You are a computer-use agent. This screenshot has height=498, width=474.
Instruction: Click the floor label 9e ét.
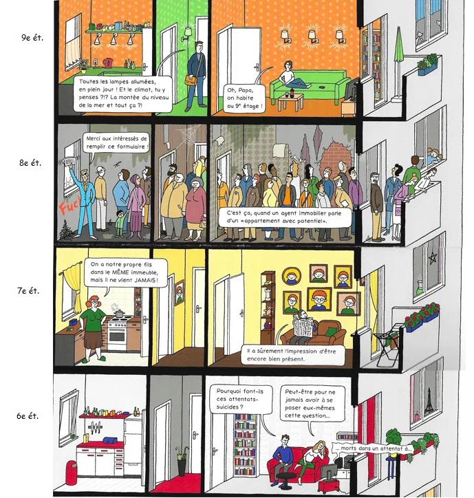point(32,37)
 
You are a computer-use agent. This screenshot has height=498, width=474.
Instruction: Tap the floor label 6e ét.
point(28,415)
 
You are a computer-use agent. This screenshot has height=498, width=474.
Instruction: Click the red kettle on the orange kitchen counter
point(108,62)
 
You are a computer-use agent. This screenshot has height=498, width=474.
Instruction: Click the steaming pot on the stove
point(119,313)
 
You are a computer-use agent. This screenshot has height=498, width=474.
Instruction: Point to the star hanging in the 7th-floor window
point(433,258)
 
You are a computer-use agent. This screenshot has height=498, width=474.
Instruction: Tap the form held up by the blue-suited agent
point(70,162)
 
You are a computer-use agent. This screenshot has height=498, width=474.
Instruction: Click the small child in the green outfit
point(120,224)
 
